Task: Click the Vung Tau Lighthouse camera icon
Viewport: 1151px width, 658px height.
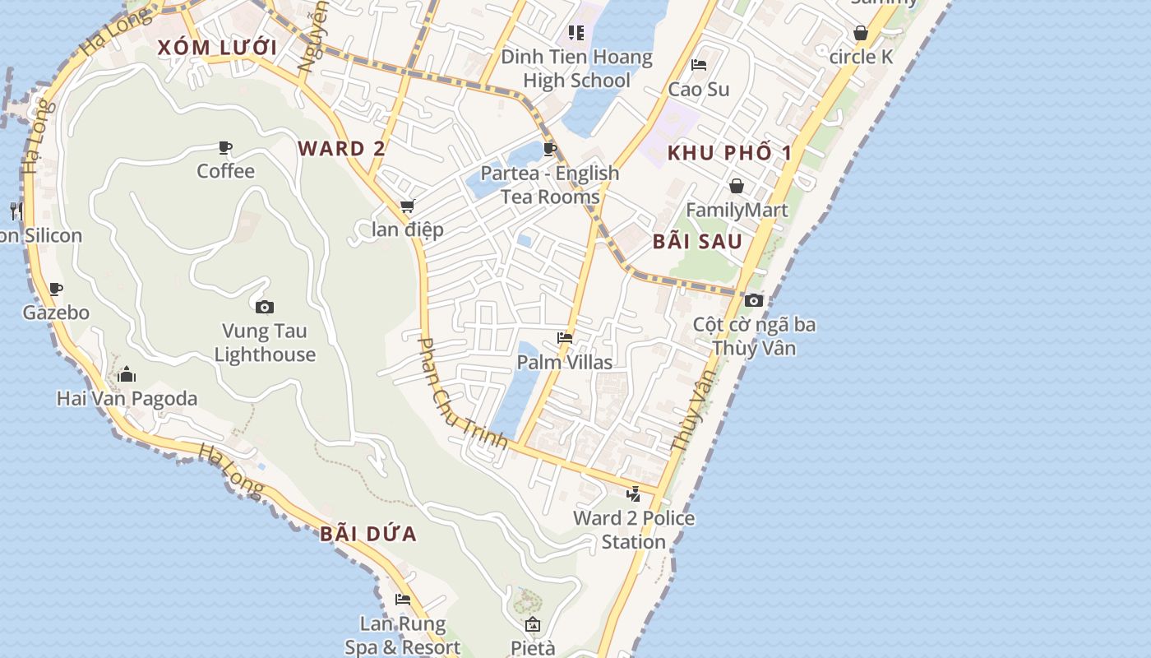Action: coord(265,308)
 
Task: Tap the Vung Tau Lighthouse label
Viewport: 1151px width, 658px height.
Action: coord(265,343)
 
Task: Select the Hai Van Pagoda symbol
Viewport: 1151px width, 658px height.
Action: coord(127,375)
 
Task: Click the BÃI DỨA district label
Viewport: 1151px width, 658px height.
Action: coord(368,534)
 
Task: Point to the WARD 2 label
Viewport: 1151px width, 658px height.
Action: coord(341,149)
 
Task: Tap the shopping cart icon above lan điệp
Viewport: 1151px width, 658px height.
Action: coord(407,206)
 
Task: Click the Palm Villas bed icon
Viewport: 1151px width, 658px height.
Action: coord(565,337)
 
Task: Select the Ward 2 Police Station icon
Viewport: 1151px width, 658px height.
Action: coord(633,494)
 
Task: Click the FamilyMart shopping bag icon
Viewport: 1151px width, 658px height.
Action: coord(737,186)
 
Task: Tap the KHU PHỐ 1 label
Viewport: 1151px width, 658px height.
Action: coord(730,153)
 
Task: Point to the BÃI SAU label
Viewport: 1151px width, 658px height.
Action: coord(697,242)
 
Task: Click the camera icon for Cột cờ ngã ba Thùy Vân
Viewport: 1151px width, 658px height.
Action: coord(754,300)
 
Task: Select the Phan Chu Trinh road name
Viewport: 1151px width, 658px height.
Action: coord(463,392)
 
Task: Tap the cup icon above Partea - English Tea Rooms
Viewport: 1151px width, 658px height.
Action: coord(550,149)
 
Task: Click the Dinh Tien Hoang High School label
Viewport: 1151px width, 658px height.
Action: coord(576,69)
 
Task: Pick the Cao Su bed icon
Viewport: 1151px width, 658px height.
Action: coord(699,65)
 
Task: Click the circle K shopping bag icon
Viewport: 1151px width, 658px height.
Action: coord(861,34)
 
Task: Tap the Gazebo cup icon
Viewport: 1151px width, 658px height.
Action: coord(56,289)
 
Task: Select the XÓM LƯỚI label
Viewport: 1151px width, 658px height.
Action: coord(217,47)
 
